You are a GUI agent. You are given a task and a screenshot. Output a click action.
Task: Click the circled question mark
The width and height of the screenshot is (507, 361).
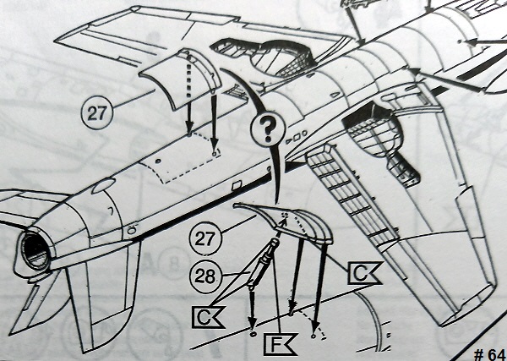coord(268,130)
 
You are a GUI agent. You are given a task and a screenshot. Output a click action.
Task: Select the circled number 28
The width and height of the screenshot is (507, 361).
coord(205,276)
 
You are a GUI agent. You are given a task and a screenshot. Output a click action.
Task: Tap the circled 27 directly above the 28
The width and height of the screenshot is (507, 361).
coord(205,238)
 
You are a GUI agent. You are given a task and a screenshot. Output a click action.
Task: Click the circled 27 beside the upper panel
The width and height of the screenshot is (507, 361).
coord(96,113)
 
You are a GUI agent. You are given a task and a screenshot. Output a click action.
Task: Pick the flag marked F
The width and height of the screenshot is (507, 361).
coord(280,344)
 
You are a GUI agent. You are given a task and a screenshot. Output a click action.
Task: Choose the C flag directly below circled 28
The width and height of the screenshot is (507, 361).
coord(208,317)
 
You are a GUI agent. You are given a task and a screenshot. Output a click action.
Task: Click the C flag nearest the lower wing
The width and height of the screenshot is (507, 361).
coord(364,274)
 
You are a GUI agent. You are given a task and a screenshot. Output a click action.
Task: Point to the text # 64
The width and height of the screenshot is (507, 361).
coord(489,354)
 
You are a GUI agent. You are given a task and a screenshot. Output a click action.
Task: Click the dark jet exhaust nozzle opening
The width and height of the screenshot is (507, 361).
coord(35,251)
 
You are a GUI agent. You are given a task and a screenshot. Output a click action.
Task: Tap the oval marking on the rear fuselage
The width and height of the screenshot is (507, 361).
coord(103,186)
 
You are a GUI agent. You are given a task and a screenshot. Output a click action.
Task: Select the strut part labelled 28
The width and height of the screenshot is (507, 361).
coord(263,263)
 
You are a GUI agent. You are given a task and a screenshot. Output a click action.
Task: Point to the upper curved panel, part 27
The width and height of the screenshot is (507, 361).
coord(180,79)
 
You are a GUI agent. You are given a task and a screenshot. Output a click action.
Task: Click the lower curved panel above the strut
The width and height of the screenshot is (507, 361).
coord(288,222)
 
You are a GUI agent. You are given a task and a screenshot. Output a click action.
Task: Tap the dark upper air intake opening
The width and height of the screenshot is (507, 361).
coord(263,56)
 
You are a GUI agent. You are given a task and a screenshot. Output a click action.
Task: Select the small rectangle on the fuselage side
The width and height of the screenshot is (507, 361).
coord(237,186)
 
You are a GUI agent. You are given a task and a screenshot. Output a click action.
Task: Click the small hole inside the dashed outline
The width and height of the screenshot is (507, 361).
coord(158,161)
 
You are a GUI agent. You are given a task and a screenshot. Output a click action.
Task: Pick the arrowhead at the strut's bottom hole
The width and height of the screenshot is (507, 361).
coord(252,323)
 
